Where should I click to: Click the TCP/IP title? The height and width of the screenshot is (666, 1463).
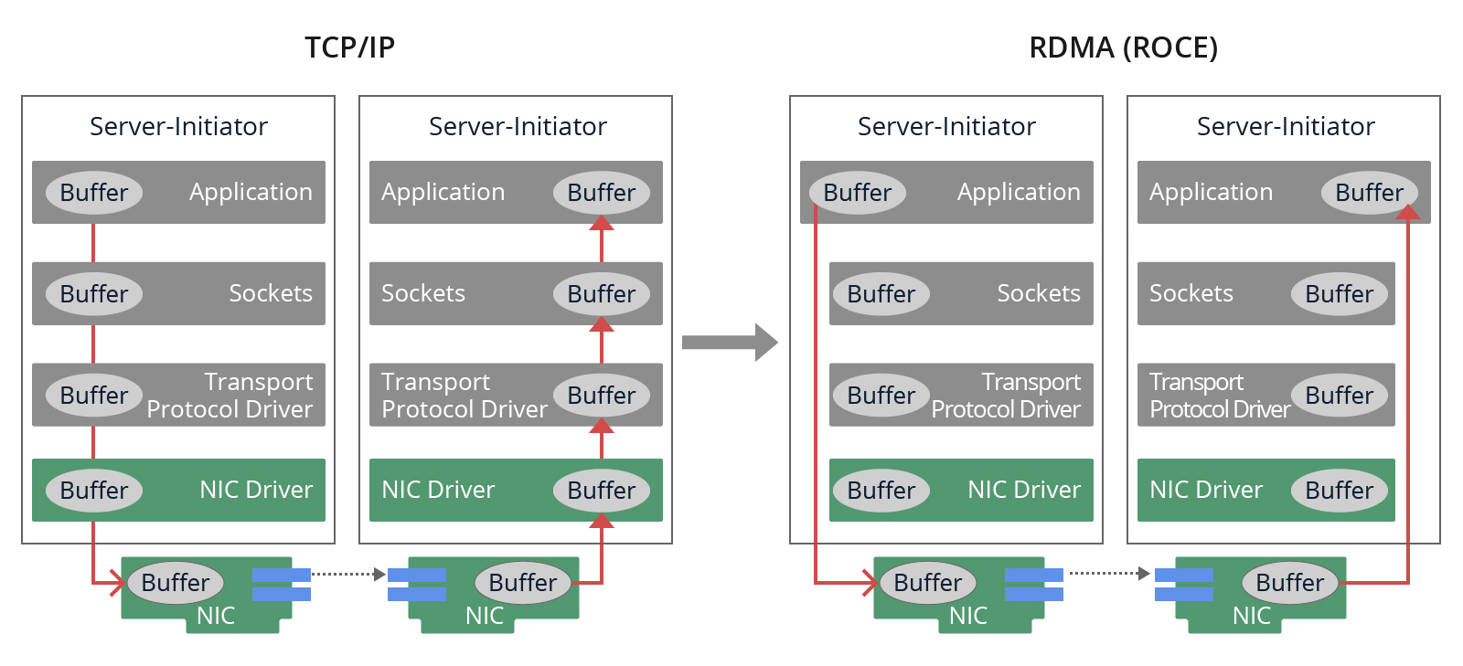(349, 48)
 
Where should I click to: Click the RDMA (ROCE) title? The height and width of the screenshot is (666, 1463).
(1123, 48)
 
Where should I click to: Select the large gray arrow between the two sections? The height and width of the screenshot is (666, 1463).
(730, 343)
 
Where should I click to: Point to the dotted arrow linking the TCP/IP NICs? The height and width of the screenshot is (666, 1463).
(347, 574)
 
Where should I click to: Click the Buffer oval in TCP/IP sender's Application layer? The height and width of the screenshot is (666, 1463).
(93, 193)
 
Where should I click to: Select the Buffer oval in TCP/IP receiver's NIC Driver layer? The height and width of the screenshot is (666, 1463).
(601, 491)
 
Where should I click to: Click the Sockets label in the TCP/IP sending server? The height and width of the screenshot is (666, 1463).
(270, 293)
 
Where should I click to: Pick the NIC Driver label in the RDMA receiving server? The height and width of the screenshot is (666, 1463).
(1205, 490)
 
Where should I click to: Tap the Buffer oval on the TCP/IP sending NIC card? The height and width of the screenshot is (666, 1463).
(175, 583)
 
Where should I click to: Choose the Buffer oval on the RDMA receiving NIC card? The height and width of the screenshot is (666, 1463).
(1289, 583)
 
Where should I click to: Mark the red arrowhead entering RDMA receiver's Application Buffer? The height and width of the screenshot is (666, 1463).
(1408, 212)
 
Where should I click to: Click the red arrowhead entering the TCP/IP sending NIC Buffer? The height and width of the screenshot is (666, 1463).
(118, 582)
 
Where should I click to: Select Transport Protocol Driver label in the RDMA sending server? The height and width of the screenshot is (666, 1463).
(1006, 396)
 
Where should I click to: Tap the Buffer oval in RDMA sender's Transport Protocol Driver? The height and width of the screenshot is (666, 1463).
(881, 396)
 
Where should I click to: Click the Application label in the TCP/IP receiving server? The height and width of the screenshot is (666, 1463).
(443, 192)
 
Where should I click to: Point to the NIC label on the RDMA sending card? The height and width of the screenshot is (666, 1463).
(967, 616)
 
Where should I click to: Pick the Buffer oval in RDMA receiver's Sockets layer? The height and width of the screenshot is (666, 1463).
(1339, 294)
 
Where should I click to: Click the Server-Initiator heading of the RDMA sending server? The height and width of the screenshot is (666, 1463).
(946, 126)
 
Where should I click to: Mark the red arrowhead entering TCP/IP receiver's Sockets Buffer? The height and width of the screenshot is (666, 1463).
(602, 324)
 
